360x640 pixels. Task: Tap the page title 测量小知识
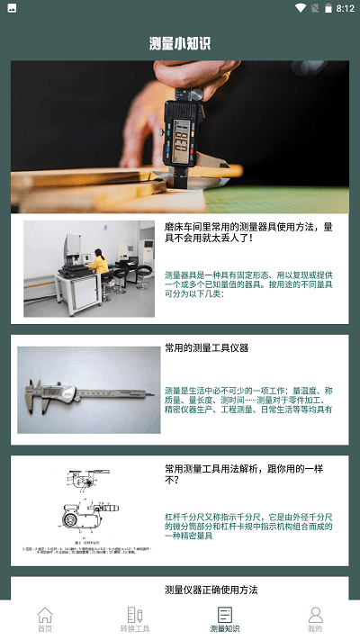point(180,43)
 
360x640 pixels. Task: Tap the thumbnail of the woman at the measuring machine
point(88,268)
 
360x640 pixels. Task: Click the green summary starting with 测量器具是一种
point(248,284)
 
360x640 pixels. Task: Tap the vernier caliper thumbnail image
point(88,390)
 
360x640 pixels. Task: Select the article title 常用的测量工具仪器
point(207,347)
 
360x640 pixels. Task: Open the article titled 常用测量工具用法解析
point(243,474)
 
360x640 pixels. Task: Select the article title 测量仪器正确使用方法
point(211,590)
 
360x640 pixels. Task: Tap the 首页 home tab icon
point(45,615)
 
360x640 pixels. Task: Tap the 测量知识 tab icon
point(225,615)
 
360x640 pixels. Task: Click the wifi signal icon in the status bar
point(301,9)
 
